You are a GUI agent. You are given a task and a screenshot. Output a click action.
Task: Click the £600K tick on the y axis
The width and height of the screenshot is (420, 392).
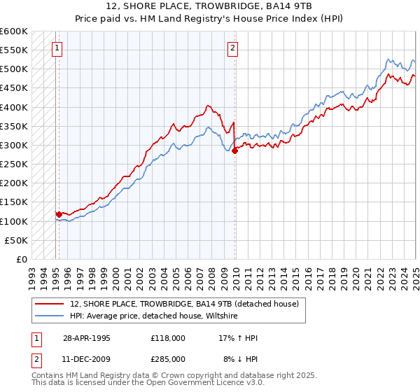pos(13,31)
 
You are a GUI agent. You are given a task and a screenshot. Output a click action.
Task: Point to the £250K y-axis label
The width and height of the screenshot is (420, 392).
pos(13,164)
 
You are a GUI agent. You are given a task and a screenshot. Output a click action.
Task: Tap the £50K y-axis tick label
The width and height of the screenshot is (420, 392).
pos(15,240)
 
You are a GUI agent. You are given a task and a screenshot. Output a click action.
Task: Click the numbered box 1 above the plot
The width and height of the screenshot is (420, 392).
pos(56,48)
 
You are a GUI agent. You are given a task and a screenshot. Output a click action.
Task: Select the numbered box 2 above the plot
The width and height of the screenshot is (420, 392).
pos(232,48)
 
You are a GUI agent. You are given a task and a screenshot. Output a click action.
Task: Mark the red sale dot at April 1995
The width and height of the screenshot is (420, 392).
pos(59,214)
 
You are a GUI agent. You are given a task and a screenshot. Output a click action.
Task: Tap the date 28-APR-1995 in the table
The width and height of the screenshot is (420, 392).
pos(86,337)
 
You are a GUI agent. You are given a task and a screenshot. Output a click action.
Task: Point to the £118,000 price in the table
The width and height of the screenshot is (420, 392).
pos(167,337)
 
